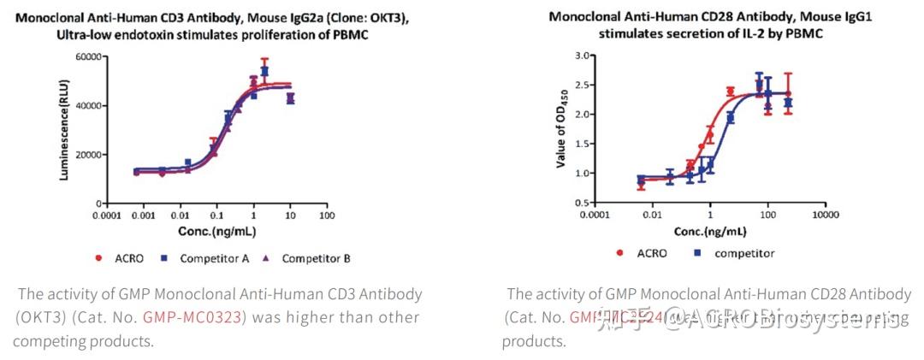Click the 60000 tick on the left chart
pos(89,56)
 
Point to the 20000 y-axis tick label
pos(89,154)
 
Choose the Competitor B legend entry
pos(316,258)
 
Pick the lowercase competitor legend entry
pos(744,253)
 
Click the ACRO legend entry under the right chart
pos(652,253)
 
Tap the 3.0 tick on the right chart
pos(584,56)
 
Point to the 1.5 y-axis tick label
pos(584,144)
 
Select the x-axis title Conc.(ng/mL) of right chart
pos(711,231)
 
